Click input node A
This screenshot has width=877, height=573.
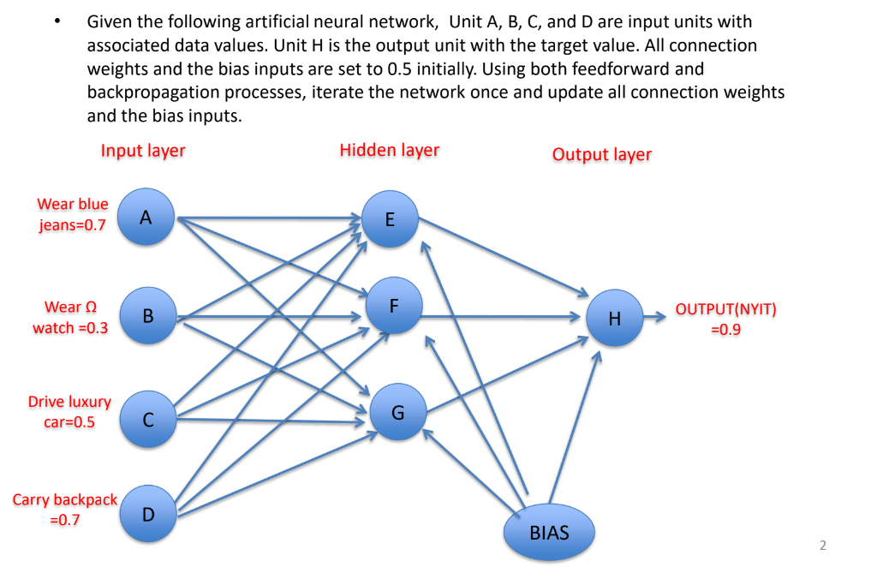[x=146, y=217]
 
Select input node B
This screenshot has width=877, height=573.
[x=147, y=316]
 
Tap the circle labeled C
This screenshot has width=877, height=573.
[x=147, y=420]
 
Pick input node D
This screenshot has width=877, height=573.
[x=147, y=514]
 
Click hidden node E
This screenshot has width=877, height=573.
[x=390, y=219]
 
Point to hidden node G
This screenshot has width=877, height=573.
[x=397, y=413]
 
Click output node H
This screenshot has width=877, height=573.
[x=614, y=319]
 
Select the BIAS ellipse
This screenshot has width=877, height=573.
[x=549, y=533]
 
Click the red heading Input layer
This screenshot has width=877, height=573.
[x=143, y=151]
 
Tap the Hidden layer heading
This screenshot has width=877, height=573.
[x=389, y=151]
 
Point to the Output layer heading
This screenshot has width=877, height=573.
[x=601, y=154]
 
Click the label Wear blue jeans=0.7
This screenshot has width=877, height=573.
[x=72, y=215]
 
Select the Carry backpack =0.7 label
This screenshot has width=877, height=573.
[x=64, y=509]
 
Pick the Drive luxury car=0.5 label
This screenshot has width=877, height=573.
[x=69, y=411]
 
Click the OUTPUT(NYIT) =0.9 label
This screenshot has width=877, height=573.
[x=725, y=319]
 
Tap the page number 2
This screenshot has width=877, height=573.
[x=823, y=545]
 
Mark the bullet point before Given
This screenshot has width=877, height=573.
[x=57, y=22]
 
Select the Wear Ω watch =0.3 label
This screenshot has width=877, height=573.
[x=70, y=317]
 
